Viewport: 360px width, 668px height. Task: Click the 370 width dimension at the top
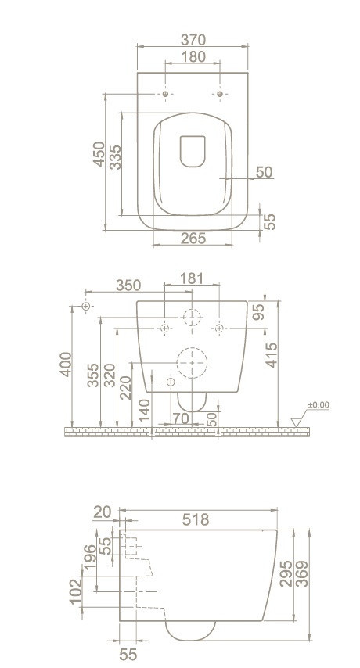pos(193,40)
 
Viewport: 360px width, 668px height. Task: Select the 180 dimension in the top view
pos(193,56)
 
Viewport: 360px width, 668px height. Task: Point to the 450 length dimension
pos(99,154)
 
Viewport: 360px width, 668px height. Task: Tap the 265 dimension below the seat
pos(193,238)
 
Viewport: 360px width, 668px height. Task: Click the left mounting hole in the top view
pos(166,94)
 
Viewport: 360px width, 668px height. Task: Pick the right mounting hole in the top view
pos(220,94)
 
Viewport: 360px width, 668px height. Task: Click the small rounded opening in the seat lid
pos(193,151)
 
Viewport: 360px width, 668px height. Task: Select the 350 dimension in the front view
pos(128,285)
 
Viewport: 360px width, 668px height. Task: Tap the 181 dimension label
pos(191,278)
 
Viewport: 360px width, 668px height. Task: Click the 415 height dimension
pos(271,354)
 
